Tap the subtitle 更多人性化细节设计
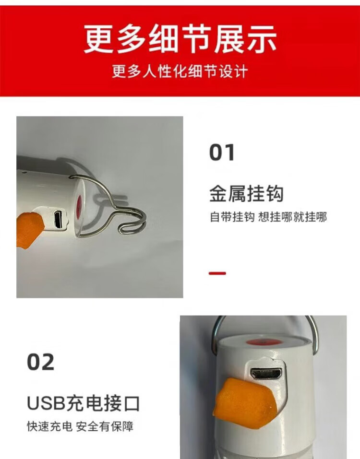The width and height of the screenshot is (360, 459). (180, 71)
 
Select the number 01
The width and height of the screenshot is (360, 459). (222, 153)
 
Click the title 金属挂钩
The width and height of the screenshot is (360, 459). (246, 194)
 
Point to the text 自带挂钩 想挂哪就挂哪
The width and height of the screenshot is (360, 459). (268, 217)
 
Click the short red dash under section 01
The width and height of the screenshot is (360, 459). (217, 273)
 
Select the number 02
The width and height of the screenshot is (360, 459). (41, 362)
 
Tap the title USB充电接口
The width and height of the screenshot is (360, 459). (83, 403)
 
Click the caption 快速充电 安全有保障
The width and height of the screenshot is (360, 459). (80, 426)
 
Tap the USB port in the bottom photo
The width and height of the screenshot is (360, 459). (266, 373)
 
